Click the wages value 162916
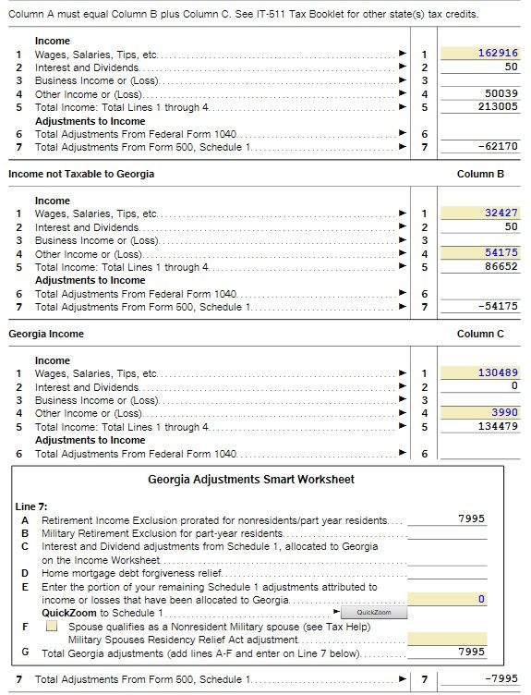pos(498,54)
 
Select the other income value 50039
pos(501,93)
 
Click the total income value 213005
pos(500,107)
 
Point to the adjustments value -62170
pos(498,147)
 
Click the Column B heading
pos(480,174)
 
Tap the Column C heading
pos(480,334)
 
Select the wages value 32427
pos(501,213)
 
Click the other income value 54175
pos(501,253)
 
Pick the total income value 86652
pos(501,267)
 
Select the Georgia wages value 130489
pos(498,373)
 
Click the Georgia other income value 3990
pos(504,413)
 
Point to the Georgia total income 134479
pos(498,427)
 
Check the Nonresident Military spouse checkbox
pos(52,626)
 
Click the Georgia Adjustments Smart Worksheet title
pos(251,480)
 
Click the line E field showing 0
pos(447,600)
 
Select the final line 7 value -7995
pos(500,680)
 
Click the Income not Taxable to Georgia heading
pos(81,174)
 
